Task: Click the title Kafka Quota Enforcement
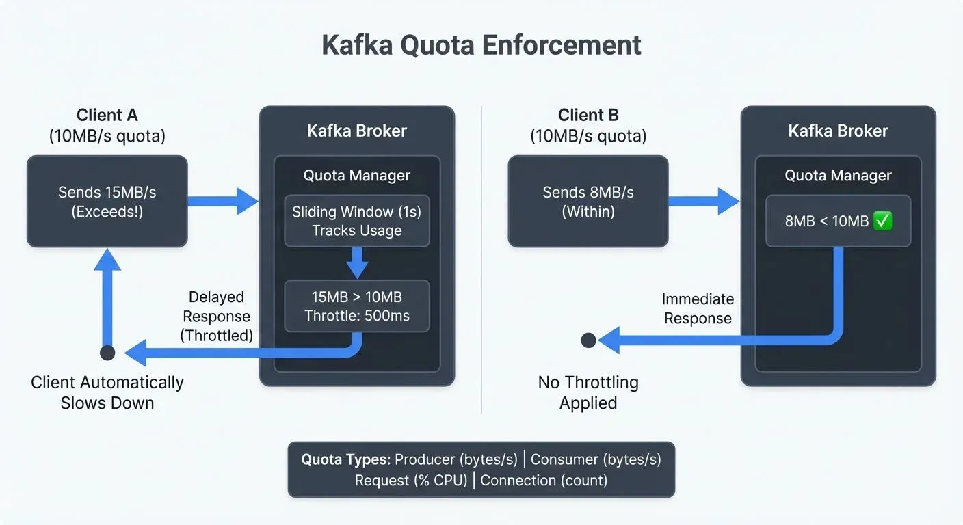(481, 45)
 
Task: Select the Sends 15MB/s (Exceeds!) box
(107, 201)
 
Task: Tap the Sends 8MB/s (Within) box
(588, 201)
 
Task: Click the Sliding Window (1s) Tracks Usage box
(356, 221)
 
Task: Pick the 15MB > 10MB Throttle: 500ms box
(356, 306)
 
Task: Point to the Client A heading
(107, 115)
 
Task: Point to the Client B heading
(588, 115)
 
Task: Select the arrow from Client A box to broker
(222, 201)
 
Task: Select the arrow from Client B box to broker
(703, 201)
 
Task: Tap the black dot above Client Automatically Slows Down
(107, 353)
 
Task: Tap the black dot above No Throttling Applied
(588, 340)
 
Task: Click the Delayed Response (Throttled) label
(215, 316)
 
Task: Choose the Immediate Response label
(698, 308)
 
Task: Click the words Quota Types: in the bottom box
(345, 459)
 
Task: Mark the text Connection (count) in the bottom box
(544, 480)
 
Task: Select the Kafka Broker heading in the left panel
(356, 131)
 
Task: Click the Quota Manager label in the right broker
(838, 175)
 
